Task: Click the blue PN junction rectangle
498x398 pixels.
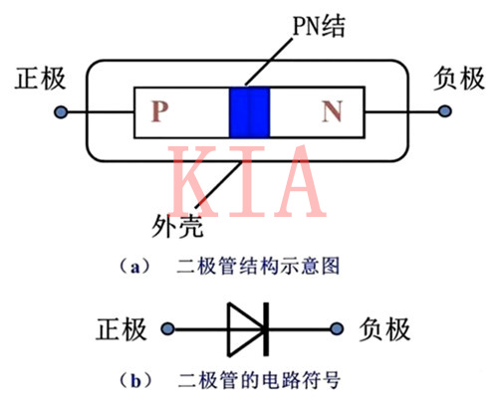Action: pyautogui.click(x=250, y=112)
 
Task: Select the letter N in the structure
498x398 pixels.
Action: pyautogui.click(x=332, y=112)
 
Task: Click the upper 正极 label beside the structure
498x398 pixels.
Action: pyautogui.click(x=37, y=80)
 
